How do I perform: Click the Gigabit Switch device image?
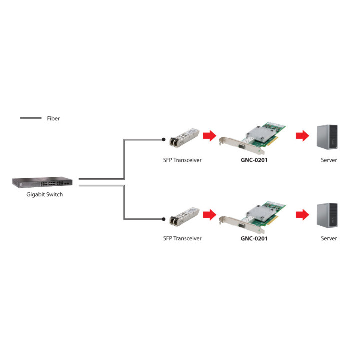pyautogui.click(x=42, y=182)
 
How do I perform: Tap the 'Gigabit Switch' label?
pyautogui.click(x=45, y=194)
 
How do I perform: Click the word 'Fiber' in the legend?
pyautogui.click(x=53, y=118)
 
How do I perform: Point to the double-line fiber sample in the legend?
pyautogui.click(x=31, y=118)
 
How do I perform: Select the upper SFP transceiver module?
pyautogui.click(x=184, y=138)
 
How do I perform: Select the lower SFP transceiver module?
pyautogui.click(x=184, y=217)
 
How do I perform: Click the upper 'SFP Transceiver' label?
pyautogui.click(x=182, y=160)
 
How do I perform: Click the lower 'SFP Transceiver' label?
pyautogui.click(x=182, y=238)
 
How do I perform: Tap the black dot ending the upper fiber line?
pyautogui.click(x=163, y=139)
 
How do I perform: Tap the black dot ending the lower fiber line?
pyautogui.click(x=163, y=219)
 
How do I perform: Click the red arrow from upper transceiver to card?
pyautogui.click(x=210, y=136)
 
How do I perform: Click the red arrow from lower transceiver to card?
pyautogui.click(x=210, y=215)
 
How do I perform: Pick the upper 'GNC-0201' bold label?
pyautogui.click(x=254, y=160)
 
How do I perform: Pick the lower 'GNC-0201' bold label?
pyautogui.click(x=254, y=239)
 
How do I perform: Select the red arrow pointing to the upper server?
pyautogui.click(x=303, y=136)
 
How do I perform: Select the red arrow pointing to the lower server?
pyautogui.click(x=303, y=215)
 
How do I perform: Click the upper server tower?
pyautogui.click(x=327, y=137)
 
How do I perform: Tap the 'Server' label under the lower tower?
pyautogui.click(x=329, y=238)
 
